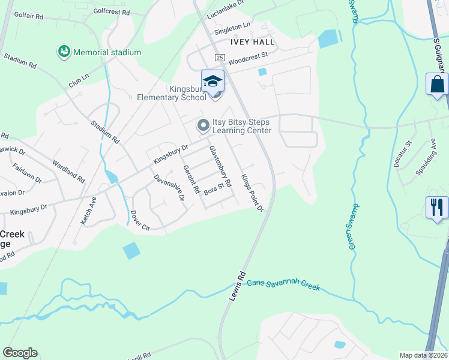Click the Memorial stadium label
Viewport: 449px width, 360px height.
coord(107,52)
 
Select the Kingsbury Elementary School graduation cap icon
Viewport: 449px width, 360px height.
coord(212,81)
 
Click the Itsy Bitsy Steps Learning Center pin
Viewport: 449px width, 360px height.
coord(203,125)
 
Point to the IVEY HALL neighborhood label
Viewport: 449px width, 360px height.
coord(252,42)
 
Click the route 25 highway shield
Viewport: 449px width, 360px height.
coord(220,57)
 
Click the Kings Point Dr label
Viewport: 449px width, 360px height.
coord(253,192)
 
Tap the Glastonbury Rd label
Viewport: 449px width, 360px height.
coord(220,165)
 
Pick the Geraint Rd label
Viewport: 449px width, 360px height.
coord(191,178)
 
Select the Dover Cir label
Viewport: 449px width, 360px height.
coord(139,223)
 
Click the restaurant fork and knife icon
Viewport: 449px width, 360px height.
coord(437,208)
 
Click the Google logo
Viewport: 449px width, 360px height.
coord(20,353)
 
